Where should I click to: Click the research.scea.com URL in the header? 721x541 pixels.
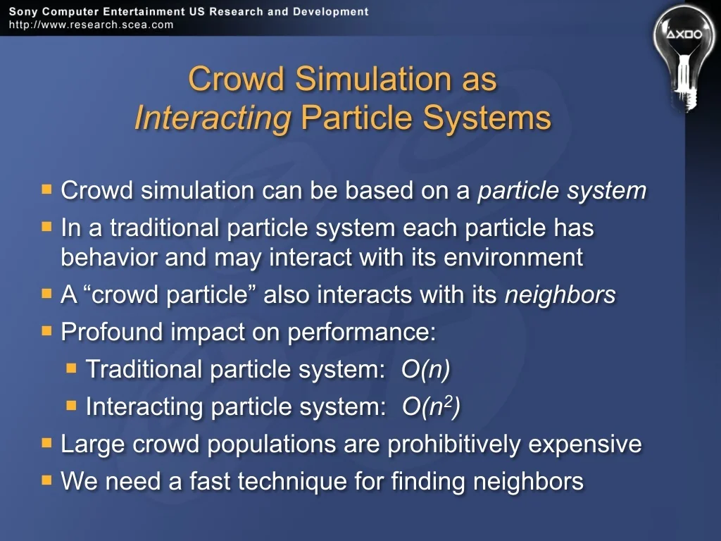(91, 25)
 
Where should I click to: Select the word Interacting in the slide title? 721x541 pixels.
(213, 118)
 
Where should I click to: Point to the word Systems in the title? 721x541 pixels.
(487, 118)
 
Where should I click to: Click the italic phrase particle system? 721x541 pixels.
(562, 190)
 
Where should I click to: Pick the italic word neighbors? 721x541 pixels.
(560, 294)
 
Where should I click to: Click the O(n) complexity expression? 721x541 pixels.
(426, 369)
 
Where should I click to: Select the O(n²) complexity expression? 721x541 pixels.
(431, 406)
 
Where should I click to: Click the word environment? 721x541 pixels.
(513, 256)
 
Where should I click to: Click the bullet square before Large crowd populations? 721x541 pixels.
(46, 442)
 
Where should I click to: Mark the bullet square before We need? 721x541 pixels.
(46, 480)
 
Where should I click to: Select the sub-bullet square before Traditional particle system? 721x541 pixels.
(71, 368)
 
